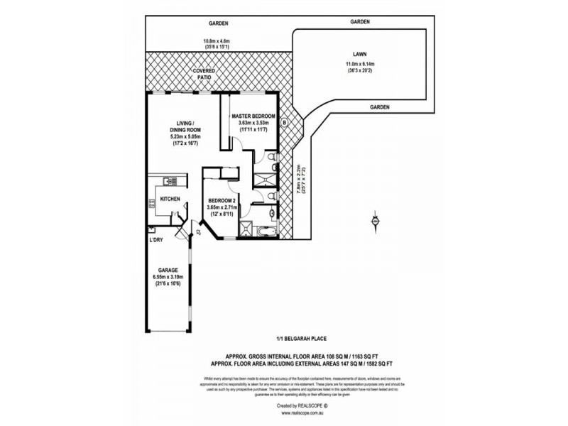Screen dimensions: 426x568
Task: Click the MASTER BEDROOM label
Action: [253, 116]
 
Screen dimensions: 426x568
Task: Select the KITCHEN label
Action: [170, 199]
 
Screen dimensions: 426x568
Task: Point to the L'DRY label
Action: [156, 240]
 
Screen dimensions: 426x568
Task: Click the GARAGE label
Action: [168, 270]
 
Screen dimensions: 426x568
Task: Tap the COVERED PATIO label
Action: [204, 76]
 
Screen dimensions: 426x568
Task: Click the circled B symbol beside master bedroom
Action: [285, 122]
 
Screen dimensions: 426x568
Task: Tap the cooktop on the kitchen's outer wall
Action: [151, 204]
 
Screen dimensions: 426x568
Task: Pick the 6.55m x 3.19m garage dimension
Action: [168, 278]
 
